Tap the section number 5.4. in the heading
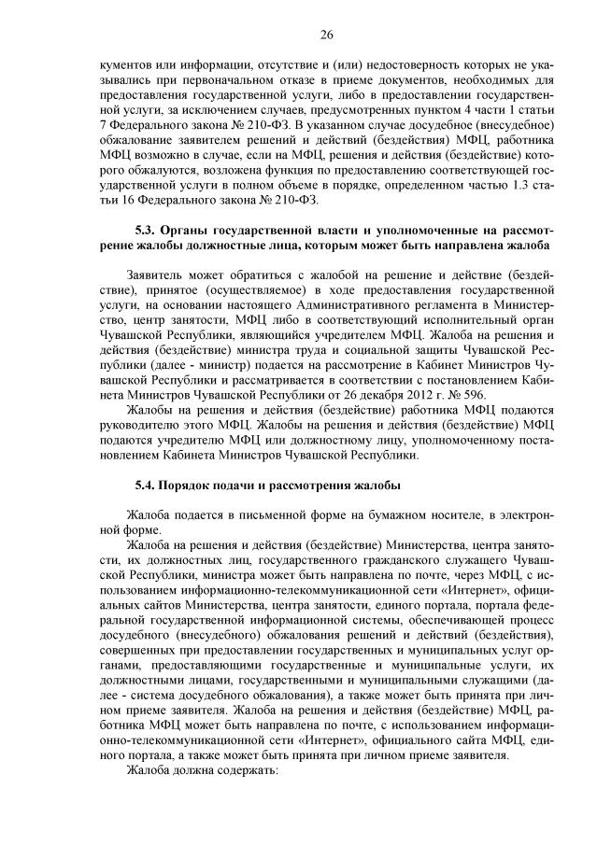click(149, 486)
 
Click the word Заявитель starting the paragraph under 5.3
click(156, 275)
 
